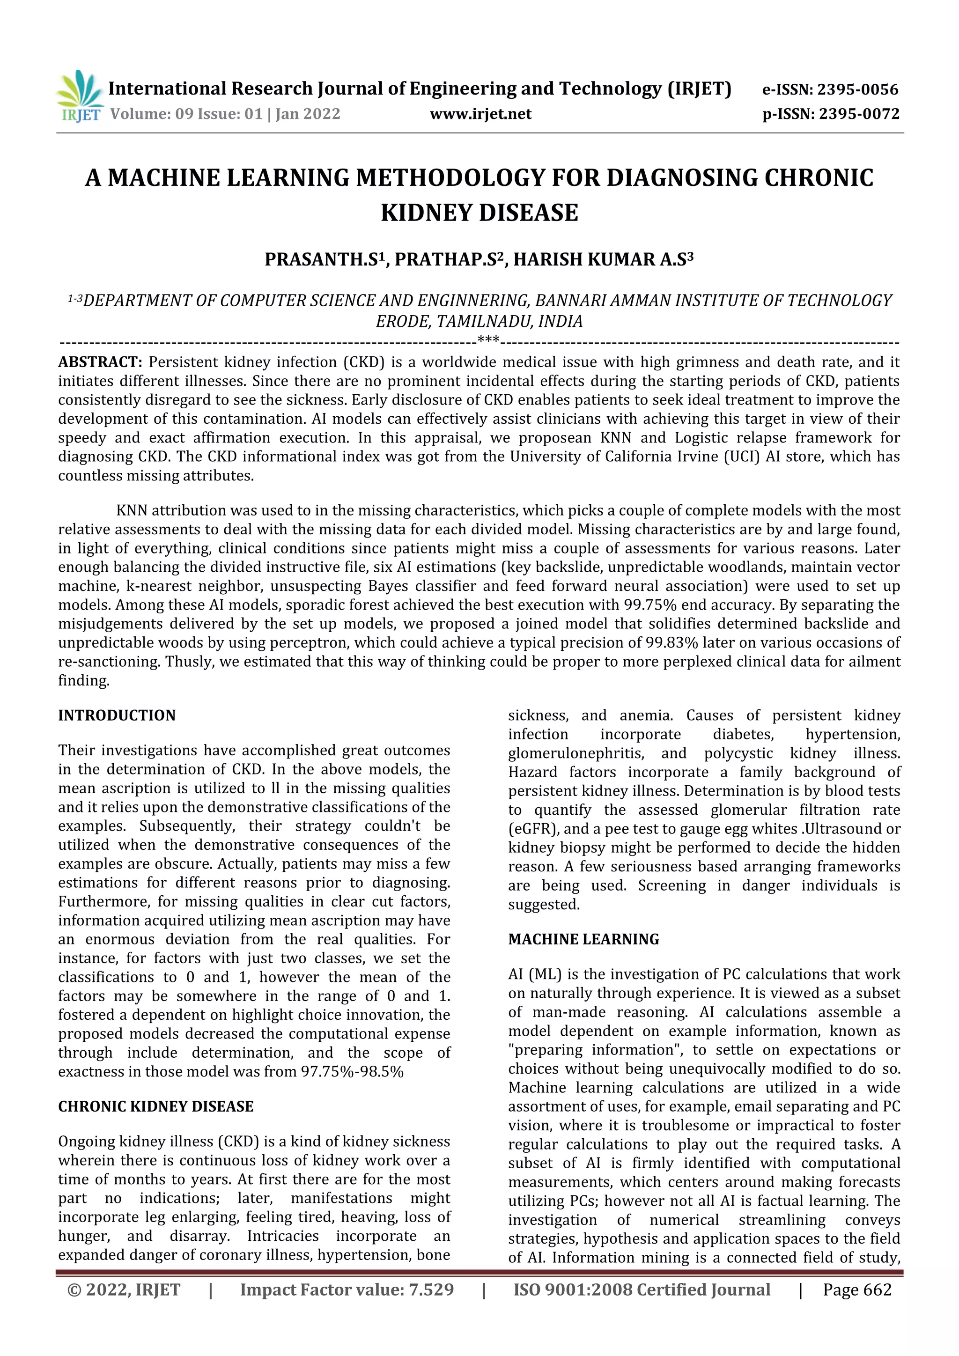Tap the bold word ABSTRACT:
tap(100, 362)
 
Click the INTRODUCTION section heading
tap(117, 715)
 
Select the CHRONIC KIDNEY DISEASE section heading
tap(156, 1106)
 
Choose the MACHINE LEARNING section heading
tap(583, 939)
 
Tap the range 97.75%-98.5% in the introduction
tap(352, 1071)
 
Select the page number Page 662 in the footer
tap(857, 1289)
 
